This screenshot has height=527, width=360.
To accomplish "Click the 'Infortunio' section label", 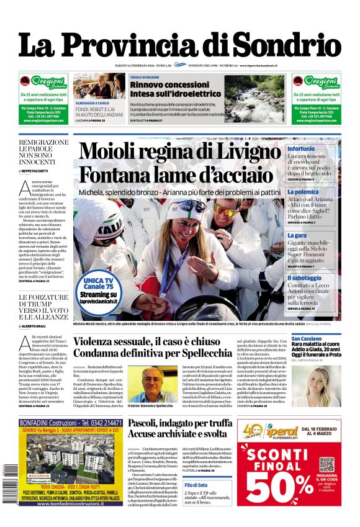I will pyautogui.click(x=301, y=149).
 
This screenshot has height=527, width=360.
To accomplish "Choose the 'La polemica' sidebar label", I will pyautogui.click(x=303, y=192).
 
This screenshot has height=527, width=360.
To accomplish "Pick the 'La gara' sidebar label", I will pyautogui.click(x=297, y=236).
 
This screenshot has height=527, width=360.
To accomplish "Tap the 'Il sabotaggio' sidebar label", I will pyautogui.click(x=304, y=278).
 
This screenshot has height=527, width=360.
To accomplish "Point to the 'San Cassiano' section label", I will pyautogui.click(x=307, y=339).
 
